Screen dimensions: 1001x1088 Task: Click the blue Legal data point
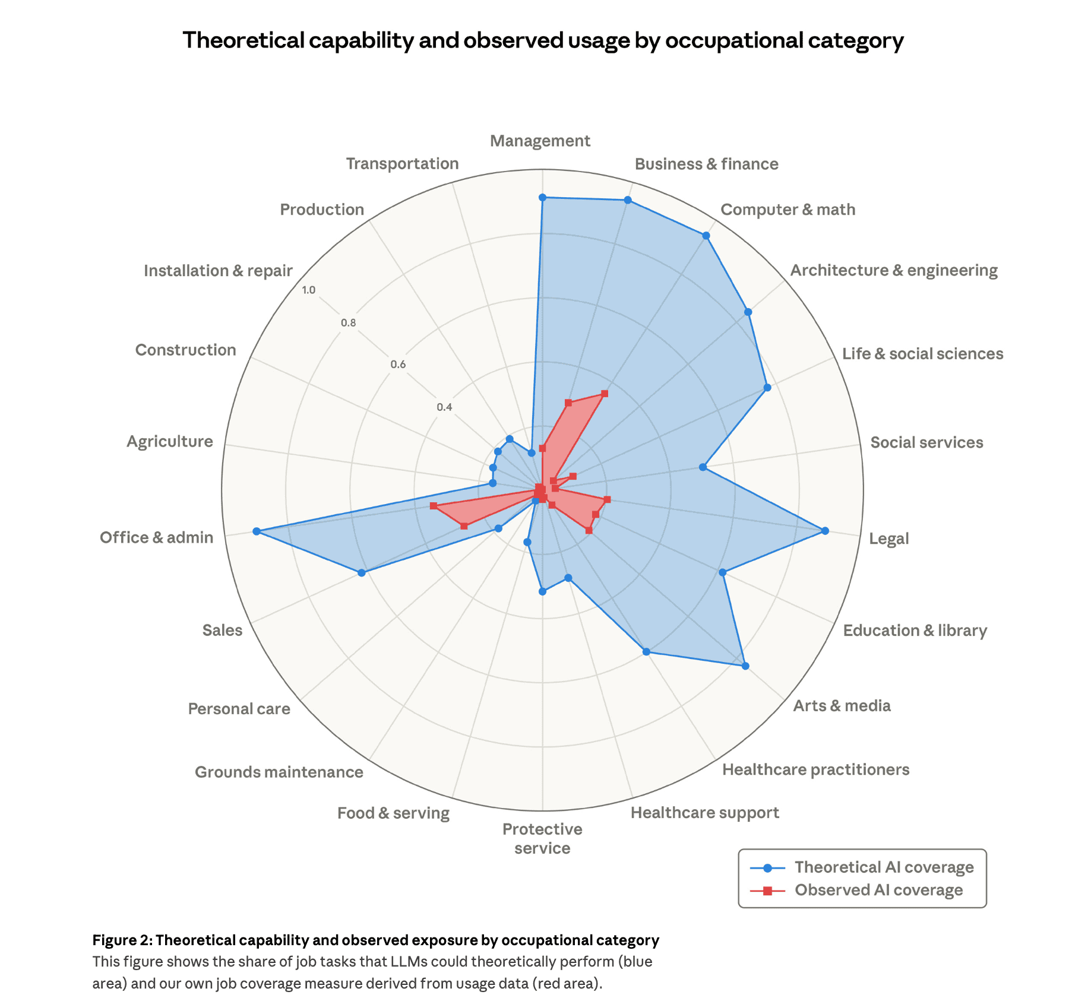coord(824,531)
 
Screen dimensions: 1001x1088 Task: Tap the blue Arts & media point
coord(745,666)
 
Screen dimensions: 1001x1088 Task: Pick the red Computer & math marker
coord(605,394)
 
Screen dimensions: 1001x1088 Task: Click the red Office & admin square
coord(434,506)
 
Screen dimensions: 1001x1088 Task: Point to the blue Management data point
coord(542,197)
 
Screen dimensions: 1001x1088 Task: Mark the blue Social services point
coord(703,467)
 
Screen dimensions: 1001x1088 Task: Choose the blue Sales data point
coord(361,573)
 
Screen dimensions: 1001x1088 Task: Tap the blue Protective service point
coord(542,591)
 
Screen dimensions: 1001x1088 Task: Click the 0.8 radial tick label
coord(349,324)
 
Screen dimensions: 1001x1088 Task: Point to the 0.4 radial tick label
coord(444,407)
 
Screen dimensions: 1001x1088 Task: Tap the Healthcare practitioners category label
coord(815,769)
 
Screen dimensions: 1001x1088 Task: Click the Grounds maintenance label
coord(279,772)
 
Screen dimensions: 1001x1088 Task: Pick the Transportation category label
coord(402,163)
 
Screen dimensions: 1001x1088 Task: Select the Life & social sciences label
coord(922,354)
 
